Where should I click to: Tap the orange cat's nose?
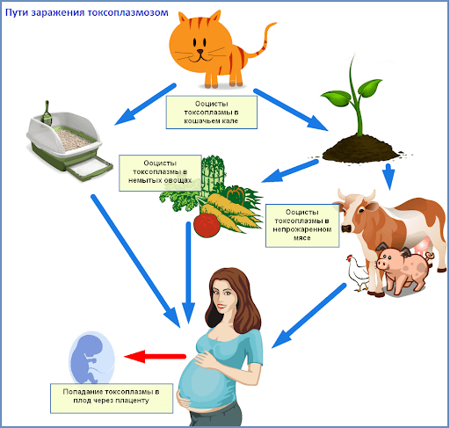pyautogui.click(x=200, y=52)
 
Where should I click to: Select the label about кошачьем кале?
pyautogui.click(x=212, y=112)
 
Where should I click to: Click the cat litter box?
pyautogui.click(x=69, y=143)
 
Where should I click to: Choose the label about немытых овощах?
pyautogui.click(x=160, y=173)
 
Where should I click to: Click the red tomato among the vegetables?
pyautogui.click(x=207, y=225)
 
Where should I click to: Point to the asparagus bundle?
pyautogui.click(x=214, y=176)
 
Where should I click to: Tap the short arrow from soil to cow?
pyautogui.click(x=388, y=177)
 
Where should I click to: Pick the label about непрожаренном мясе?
pyautogui.click(x=302, y=226)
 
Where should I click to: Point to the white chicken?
pyautogui.click(x=358, y=273)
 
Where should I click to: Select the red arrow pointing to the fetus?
pyautogui.click(x=155, y=357)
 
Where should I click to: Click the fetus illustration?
pyautogui.click(x=91, y=358)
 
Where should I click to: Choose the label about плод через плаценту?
pyautogui.click(x=112, y=398)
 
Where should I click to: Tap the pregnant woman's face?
pyautogui.click(x=223, y=296)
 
